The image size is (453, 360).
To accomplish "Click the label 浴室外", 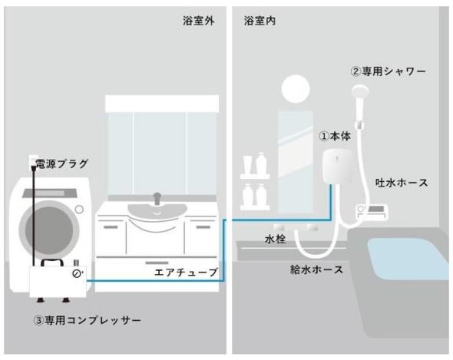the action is point(199,21).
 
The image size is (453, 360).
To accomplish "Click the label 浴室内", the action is point(260,21).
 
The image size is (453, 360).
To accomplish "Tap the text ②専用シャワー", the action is point(389,71).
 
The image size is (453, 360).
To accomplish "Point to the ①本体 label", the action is point(335,136).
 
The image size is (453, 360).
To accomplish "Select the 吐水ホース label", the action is point(402,183).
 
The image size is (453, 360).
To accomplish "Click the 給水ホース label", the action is point(316,269).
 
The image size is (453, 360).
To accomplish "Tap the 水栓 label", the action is point(275,239).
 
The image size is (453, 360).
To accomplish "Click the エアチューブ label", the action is point(186,272).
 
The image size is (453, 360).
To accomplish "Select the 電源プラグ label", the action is point(61,163).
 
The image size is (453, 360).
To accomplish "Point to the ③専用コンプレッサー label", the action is point(87,320).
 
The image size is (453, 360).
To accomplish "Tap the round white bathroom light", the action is point(296,89).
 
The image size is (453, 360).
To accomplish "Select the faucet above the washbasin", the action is point(157,199).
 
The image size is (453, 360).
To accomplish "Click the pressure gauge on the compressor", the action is point(77,273).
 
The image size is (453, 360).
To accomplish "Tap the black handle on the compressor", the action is point(52,263).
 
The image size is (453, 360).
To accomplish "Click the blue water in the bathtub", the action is point(408,258).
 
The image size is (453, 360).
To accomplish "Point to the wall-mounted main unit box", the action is point(337,167).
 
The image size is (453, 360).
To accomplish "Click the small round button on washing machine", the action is point(79,210).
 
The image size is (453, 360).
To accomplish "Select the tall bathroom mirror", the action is point(296,162).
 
